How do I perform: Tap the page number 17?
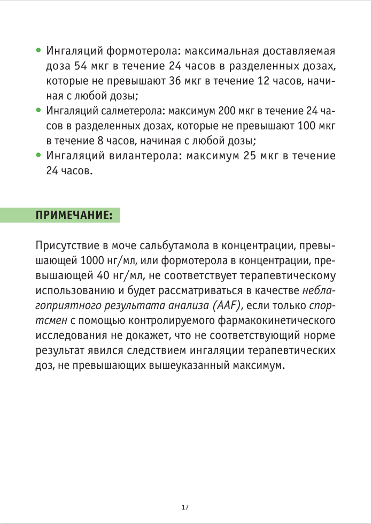click(x=185, y=506)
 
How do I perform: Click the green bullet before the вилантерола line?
click(x=38, y=156)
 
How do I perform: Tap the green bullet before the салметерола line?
click(x=38, y=111)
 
